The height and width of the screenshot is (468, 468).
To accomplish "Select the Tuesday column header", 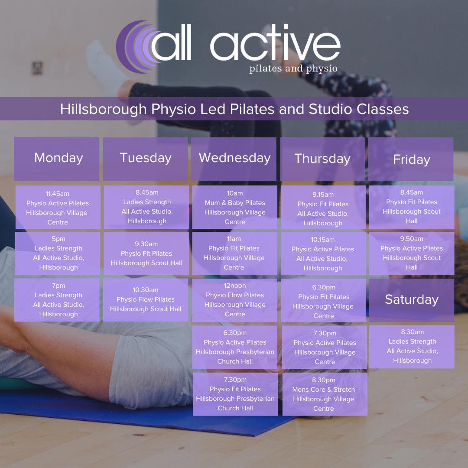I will click(146, 159).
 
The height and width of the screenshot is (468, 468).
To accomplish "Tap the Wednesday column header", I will click(234, 159).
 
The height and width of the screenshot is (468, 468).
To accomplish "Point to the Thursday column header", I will click(323, 159).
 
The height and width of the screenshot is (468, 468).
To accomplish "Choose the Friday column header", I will click(411, 159).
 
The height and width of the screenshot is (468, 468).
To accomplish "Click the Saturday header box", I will click(412, 299).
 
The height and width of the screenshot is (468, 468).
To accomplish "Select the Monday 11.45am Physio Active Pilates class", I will click(58, 208).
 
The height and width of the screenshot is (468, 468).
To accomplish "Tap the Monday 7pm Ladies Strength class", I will click(58, 300).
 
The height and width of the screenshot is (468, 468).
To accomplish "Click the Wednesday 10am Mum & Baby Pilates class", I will click(234, 207).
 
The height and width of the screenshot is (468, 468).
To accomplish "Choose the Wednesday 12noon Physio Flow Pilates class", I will click(234, 300).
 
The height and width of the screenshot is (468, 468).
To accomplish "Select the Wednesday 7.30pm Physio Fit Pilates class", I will click(235, 394).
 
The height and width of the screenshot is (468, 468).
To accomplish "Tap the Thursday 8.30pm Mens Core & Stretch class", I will click(324, 394).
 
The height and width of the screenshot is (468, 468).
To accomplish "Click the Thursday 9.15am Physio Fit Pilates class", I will click(323, 208).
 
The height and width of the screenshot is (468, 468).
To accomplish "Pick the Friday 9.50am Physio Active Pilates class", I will click(412, 253).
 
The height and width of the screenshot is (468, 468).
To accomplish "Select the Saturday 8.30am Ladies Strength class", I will click(412, 346).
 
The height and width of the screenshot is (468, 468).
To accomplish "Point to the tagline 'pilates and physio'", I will click(293, 68).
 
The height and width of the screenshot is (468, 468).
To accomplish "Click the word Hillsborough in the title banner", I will click(104, 109).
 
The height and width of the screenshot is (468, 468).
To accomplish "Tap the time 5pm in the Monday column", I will click(58, 239).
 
